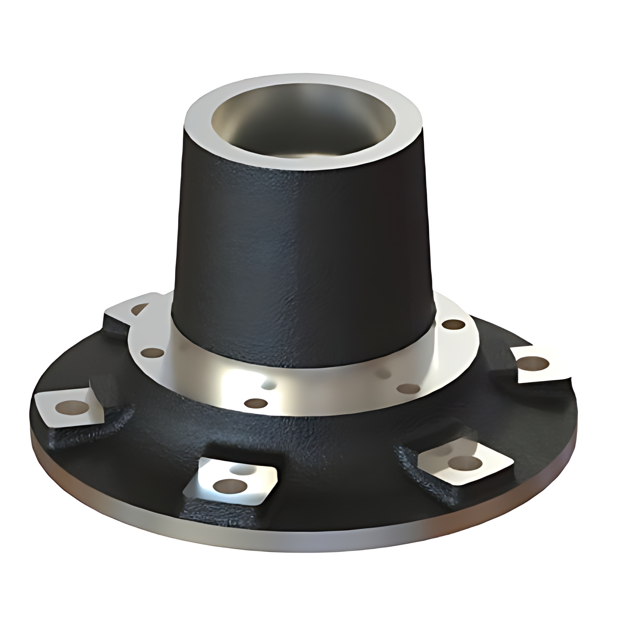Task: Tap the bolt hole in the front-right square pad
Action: click(x=464, y=462)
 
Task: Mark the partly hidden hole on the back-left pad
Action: click(x=140, y=309)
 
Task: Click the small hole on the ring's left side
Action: click(x=152, y=352)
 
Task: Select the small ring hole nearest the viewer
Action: click(x=257, y=403)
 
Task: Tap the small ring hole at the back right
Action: click(x=454, y=325)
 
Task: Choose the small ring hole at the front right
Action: click(x=408, y=388)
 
